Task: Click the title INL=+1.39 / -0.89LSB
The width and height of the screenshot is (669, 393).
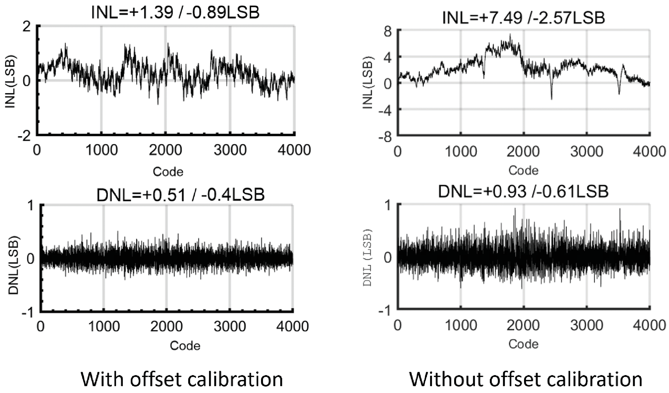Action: [x=176, y=13]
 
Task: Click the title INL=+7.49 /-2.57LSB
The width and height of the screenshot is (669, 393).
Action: [x=523, y=18]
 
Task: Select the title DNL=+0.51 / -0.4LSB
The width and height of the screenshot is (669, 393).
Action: [x=180, y=195]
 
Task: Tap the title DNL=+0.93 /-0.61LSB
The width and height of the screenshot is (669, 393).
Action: [x=523, y=192]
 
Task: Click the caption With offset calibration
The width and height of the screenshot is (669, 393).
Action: [x=182, y=379]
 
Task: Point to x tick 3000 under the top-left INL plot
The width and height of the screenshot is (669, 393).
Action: [x=230, y=150]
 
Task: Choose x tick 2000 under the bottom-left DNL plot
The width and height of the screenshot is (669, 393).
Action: [x=166, y=326]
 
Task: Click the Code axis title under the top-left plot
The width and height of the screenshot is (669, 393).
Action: [x=168, y=172]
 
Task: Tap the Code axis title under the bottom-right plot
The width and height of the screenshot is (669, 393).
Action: [x=523, y=344]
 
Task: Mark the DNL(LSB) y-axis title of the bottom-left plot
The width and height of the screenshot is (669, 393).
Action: [x=14, y=265]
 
